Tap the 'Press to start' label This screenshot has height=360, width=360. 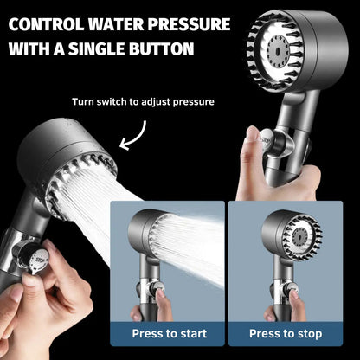coord(169,333)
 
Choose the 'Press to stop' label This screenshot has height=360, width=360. coord(286,333)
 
